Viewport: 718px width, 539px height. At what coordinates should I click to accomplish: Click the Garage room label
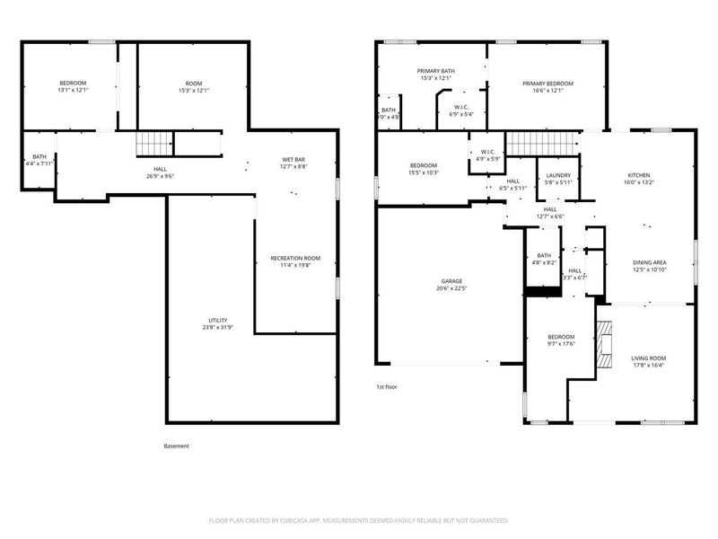tap(451, 280)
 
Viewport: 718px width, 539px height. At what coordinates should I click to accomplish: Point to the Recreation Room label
tap(295, 258)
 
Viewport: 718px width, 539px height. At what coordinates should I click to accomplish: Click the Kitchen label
tap(639, 174)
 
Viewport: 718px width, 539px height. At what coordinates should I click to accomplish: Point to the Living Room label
tap(649, 358)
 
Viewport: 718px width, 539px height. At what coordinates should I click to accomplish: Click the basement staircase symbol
tap(153, 144)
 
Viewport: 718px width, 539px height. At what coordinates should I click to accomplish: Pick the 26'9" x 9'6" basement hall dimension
tap(160, 176)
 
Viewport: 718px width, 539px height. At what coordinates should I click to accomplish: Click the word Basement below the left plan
tap(177, 446)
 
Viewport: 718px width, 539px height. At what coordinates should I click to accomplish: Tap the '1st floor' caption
tap(386, 386)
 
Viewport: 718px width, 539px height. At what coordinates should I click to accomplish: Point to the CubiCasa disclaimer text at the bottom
tap(359, 520)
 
